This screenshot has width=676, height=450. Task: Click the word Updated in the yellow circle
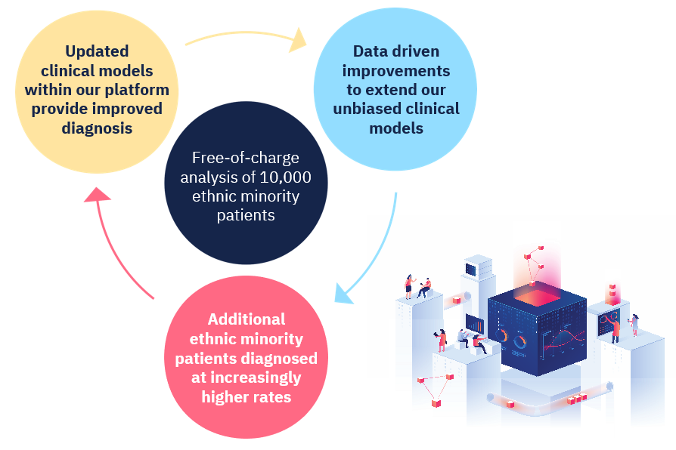pyautogui.click(x=97, y=51)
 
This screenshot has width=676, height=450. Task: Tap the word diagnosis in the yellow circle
pyautogui.click(x=97, y=128)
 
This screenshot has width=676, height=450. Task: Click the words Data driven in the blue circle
pyautogui.click(x=396, y=51)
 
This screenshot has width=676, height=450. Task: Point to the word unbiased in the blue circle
pyautogui.click(x=367, y=109)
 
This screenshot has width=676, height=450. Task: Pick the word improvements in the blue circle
pyautogui.click(x=396, y=71)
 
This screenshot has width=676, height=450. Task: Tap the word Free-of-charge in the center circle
pyautogui.click(x=246, y=158)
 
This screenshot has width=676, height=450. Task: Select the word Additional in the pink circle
pyautogui.click(x=247, y=319)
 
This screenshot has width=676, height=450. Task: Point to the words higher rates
pyautogui.click(x=247, y=396)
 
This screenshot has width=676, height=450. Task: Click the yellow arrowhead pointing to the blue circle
pyautogui.click(x=298, y=40)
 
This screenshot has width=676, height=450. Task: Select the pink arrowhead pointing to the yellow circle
pyautogui.click(x=97, y=194)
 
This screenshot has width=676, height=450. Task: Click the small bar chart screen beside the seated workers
pyautogui.click(x=475, y=324)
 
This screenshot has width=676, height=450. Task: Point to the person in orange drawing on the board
pyautogui.click(x=616, y=331)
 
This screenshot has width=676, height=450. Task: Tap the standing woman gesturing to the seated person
pyautogui.click(x=409, y=286)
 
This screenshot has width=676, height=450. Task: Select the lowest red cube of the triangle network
pyautogui.click(x=436, y=403)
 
